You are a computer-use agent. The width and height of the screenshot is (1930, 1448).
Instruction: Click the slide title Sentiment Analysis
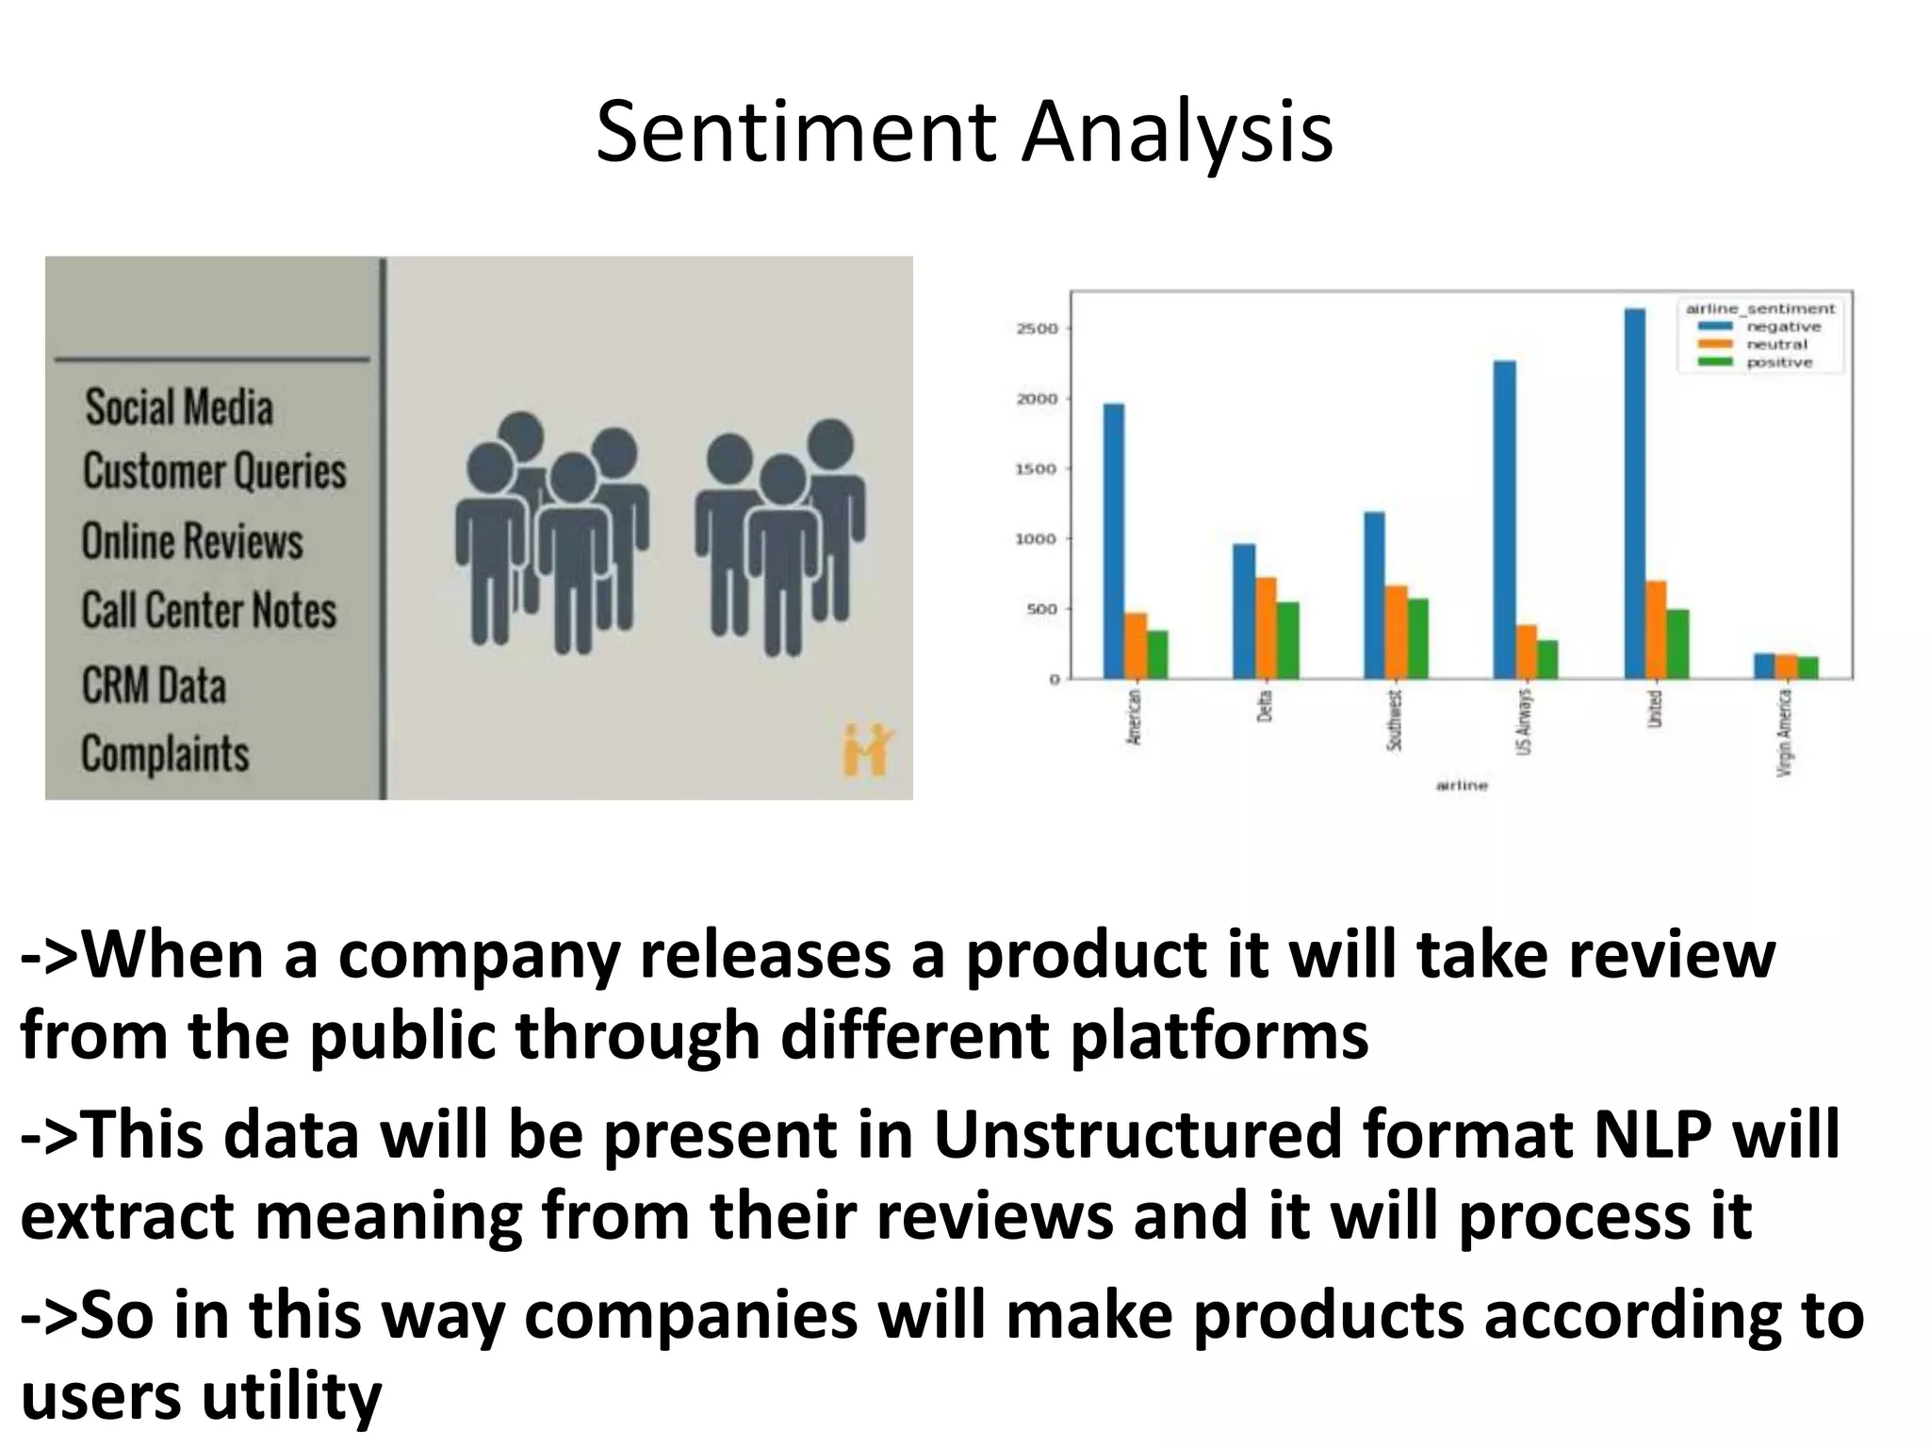pyautogui.click(x=964, y=133)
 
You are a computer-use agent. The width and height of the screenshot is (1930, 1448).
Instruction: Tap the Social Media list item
pyautogui.click(x=179, y=407)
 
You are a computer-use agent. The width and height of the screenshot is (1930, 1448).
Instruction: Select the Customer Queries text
pyautogui.click(x=215, y=471)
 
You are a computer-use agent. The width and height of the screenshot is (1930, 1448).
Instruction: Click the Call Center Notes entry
pyautogui.click(x=208, y=610)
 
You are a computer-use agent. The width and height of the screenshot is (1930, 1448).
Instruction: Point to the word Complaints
pyautogui.click(x=165, y=753)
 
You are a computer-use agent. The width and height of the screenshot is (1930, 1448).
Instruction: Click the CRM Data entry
pyautogui.click(x=154, y=685)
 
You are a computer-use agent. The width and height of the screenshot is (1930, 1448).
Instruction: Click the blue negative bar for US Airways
pyautogui.click(x=1505, y=519)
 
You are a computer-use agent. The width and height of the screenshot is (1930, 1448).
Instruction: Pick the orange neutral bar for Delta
pyautogui.click(x=1266, y=628)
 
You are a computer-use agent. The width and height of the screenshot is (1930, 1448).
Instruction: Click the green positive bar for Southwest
pyautogui.click(x=1417, y=638)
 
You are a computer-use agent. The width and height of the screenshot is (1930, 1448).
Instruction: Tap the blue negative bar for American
pyautogui.click(x=1114, y=541)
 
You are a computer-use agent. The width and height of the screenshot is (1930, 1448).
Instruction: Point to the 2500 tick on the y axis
pyautogui.click(x=1038, y=329)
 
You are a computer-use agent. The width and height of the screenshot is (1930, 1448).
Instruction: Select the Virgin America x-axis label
pyautogui.click(x=1783, y=732)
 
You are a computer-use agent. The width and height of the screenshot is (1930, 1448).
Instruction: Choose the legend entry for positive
pyautogui.click(x=1778, y=363)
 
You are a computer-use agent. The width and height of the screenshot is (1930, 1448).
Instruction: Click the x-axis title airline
pyautogui.click(x=1462, y=785)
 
